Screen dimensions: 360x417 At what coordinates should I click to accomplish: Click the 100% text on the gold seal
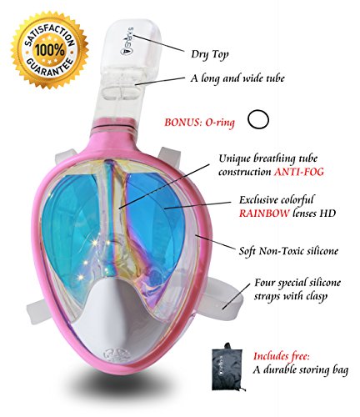50,50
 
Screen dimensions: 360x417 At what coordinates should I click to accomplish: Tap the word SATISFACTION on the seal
49,31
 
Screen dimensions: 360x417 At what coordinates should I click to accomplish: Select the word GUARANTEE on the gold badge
50,68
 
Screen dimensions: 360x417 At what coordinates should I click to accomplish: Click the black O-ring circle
258,120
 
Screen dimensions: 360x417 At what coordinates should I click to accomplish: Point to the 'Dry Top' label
210,54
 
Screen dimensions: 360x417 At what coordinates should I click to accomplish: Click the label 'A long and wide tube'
237,78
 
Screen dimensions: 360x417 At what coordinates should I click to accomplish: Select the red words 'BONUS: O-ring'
199,123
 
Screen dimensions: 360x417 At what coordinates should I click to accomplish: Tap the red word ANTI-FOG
299,172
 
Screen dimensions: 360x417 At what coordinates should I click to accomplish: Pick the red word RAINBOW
264,214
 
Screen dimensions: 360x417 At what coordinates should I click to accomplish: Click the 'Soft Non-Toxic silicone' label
289,251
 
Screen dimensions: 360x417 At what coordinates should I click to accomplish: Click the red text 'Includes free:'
282,356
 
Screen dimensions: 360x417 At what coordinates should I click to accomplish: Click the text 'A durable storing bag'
300,370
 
